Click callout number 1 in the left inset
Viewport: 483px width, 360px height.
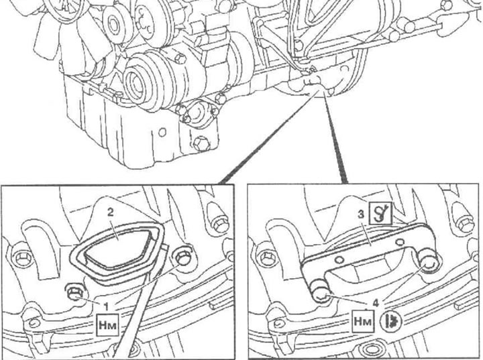click(106, 306)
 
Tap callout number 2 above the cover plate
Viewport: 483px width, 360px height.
click(111, 212)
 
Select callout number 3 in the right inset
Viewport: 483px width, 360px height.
click(362, 215)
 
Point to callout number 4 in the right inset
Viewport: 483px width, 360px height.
click(376, 303)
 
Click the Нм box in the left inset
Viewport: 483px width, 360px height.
click(107, 324)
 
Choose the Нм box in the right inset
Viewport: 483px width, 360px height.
click(364, 321)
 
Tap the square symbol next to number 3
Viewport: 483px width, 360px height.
click(381, 213)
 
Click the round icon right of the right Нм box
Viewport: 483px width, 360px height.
click(391, 321)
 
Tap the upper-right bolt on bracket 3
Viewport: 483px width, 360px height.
click(427, 262)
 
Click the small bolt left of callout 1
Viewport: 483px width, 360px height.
click(74, 292)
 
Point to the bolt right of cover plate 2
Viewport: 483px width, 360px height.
click(182, 257)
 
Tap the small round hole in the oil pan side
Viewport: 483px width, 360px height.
click(162, 133)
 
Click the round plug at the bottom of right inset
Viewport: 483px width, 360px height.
click(370, 350)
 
